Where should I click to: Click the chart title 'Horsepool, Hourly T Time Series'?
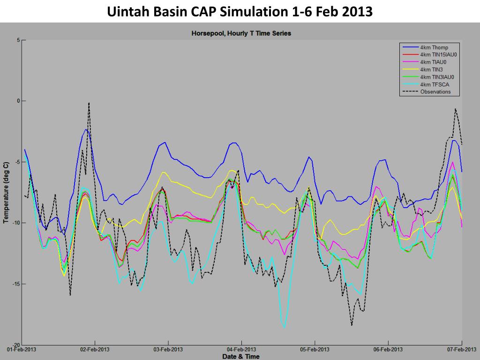tap(241, 33)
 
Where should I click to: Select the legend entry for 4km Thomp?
tap(434, 47)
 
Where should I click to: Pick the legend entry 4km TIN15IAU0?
tap(438, 55)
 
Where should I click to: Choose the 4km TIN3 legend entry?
tap(431, 69)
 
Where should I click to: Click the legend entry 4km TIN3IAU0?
tap(437, 77)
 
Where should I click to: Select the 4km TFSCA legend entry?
tap(434, 84)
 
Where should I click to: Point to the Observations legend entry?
tap(435, 92)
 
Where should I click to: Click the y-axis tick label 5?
tap(18, 40)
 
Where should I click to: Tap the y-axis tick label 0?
tap(18, 101)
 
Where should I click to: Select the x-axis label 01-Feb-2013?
tap(22, 350)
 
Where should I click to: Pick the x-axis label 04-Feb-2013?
tap(241, 350)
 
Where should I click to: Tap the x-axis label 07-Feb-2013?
tap(461, 350)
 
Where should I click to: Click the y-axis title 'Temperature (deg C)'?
tap(6, 193)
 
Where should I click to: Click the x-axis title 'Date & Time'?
tap(241, 357)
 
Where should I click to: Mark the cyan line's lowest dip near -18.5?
tap(284, 327)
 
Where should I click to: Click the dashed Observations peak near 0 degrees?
tap(89, 103)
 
